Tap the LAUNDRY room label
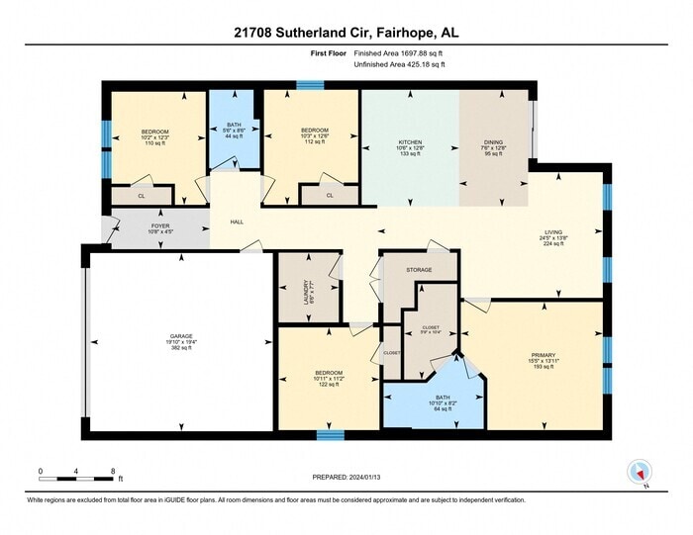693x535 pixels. [x=306, y=288]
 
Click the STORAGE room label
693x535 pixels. [x=419, y=268]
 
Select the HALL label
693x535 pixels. [x=237, y=223]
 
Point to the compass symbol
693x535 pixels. [x=638, y=473]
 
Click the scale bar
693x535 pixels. [x=78, y=478]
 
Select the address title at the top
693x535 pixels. [x=346, y=34]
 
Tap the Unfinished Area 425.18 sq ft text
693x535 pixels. [x=399, y=64]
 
